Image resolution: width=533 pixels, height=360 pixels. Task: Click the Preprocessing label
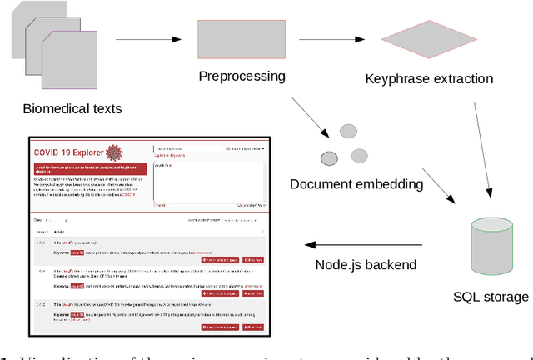point(242,77)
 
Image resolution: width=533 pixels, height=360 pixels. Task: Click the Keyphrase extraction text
point(429,80)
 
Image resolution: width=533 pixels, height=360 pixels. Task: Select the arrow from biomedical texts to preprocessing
point(147,39)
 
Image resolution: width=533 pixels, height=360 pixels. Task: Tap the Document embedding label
point(357,183)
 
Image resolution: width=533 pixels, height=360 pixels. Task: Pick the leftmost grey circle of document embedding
point(330,157)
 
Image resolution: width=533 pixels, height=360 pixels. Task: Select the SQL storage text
point(490,297)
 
